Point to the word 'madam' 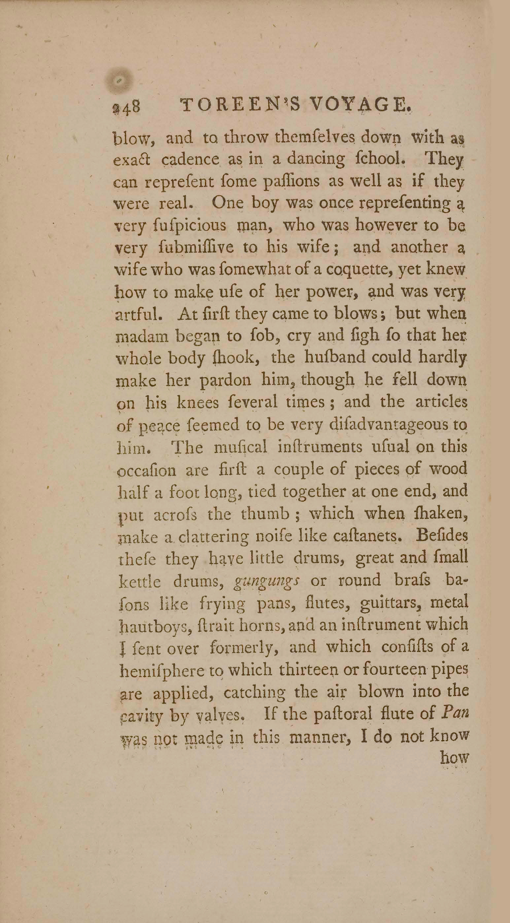[143, 337]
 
